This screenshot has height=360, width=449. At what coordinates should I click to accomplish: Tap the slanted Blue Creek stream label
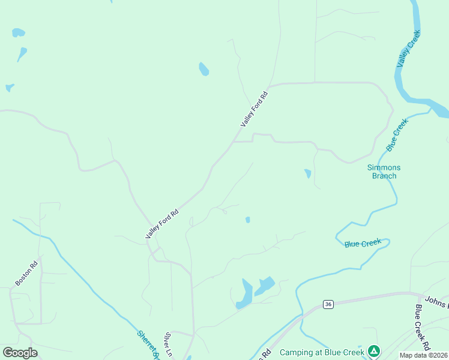397,134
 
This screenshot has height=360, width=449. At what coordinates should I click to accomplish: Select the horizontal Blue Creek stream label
363,243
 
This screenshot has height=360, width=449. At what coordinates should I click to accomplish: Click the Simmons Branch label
384,172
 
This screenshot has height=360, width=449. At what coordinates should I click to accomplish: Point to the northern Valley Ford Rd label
253,109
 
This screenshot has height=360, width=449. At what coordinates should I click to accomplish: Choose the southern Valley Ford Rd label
162,224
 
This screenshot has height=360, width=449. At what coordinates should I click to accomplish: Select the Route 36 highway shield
328,304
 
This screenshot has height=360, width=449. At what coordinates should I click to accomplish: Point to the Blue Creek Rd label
422,328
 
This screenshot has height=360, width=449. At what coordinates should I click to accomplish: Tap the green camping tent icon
373,350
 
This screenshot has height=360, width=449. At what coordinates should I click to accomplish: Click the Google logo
20,353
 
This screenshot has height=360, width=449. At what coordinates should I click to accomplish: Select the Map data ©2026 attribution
423,355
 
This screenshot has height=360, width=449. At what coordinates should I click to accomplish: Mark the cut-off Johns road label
436,299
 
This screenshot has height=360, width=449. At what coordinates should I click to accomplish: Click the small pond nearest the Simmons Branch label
308,173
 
